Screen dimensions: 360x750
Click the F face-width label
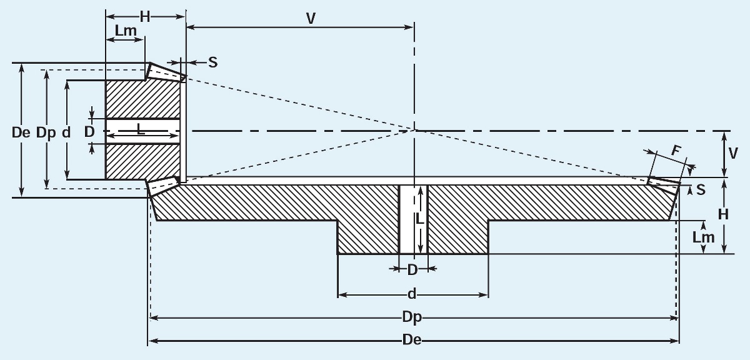point(676,151)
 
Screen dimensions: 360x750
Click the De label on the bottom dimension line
point(412,341)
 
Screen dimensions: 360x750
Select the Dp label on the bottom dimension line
point(412,318)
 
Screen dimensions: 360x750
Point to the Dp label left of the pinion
point(46,132)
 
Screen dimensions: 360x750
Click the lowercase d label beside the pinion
point(66,132)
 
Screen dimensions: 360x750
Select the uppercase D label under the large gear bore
point(412,270)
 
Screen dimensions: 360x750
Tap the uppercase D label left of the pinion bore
point(89,132)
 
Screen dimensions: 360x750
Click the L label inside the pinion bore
point(141,131)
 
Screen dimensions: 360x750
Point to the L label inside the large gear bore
point(420,220)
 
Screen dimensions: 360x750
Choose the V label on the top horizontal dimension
point(311,18)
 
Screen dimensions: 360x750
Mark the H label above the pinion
point(145,17)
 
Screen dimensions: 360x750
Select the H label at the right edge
point(723,214)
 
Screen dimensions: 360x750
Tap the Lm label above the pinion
point(126,29)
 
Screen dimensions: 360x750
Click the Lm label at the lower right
point(704,237)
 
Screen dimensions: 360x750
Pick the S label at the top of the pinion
point(213,62)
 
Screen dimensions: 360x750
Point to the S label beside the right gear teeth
point(701,190)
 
